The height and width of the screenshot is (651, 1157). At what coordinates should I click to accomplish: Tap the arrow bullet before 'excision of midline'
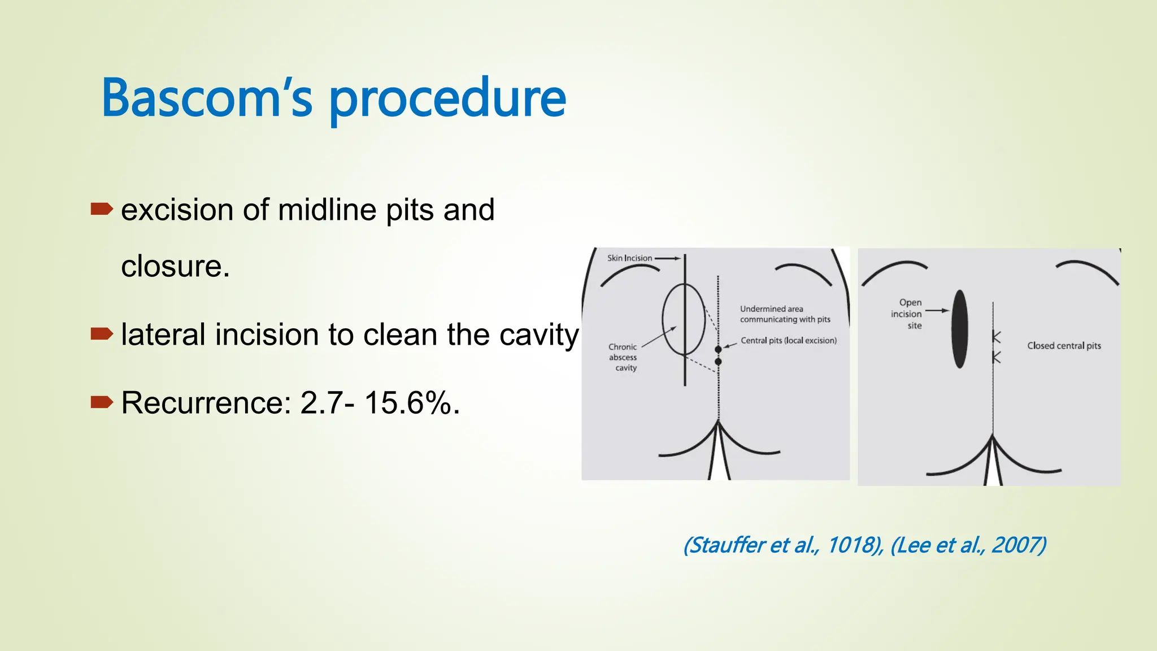coord(102,210)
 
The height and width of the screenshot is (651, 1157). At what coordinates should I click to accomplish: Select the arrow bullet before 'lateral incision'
coord(102,334)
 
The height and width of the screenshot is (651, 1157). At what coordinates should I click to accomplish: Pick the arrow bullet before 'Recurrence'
coord(102,402)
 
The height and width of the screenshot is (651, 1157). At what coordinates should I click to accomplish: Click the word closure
coord(175,266)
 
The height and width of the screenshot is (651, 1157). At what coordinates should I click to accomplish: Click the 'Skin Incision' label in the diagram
coord(629,258)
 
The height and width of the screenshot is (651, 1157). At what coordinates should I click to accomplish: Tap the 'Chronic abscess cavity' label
coord(623,357)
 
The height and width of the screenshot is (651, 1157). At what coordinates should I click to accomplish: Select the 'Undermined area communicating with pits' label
coord(785,314)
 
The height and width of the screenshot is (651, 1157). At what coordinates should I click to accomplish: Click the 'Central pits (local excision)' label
coord(789,340)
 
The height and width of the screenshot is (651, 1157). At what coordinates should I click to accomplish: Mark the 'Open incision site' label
coord(907,314)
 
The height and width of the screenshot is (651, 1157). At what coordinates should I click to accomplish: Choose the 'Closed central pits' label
coord(1064,346)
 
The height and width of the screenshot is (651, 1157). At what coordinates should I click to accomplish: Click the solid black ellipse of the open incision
coord(959,329)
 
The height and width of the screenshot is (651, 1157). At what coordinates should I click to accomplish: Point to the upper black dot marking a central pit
coord(718,350)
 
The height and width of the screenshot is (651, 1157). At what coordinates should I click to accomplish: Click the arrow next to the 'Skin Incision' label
coord(668,258)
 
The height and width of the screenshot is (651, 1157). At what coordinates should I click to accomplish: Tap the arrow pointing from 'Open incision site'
coord(937,310)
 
